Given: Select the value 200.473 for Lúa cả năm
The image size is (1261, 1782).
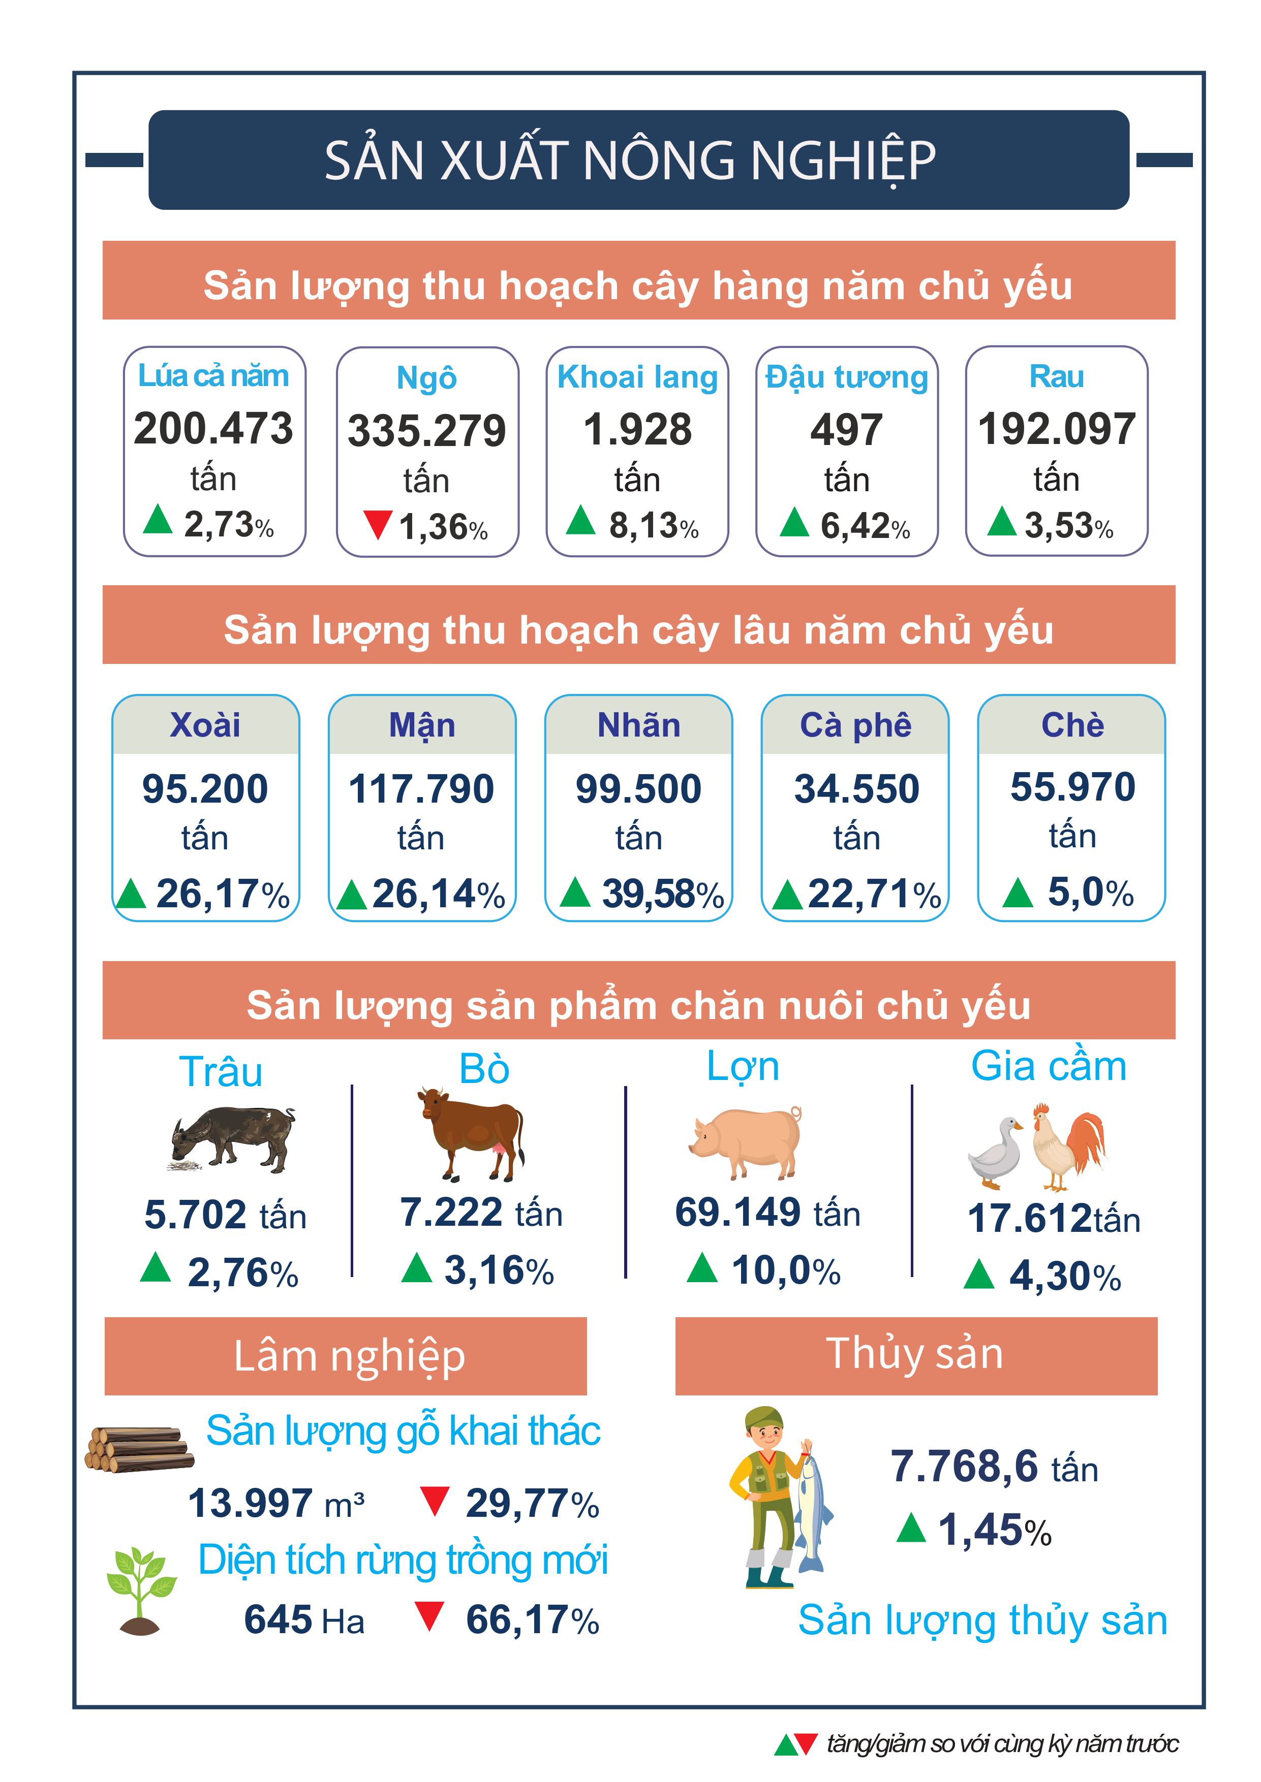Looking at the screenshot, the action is (213, 428).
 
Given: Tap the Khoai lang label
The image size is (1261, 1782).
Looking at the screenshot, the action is (637, 378).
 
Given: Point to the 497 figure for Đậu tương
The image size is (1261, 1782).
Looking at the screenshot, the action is (846, 429).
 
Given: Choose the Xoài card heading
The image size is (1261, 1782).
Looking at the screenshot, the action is (205, 725).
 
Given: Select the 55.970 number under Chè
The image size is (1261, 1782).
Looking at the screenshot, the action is (1072, 787).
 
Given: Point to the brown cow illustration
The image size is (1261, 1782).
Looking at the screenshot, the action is (471, 1134).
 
